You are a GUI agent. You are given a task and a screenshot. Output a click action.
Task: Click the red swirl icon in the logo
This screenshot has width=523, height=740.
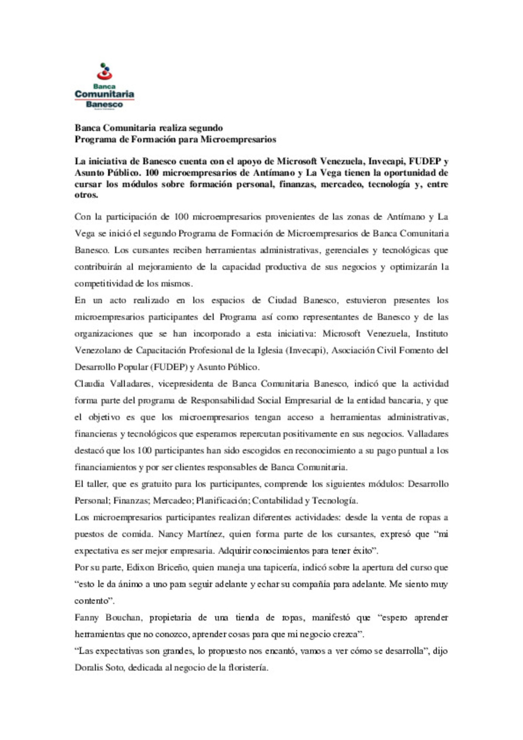tap(105, 74)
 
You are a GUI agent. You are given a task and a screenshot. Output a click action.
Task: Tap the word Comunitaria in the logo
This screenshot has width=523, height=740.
tap(104, 94)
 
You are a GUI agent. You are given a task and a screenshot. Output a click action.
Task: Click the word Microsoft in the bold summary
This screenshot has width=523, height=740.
tap(296, 161)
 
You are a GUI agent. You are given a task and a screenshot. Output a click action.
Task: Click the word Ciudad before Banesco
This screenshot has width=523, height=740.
tap(282, 300)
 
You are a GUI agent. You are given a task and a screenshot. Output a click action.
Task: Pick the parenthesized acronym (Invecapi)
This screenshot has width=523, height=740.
tap(306, 351)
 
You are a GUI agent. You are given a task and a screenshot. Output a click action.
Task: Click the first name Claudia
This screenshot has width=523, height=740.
tap(90, 384)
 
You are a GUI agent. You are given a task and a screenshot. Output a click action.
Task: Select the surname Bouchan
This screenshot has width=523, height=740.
tap(123, 618)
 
